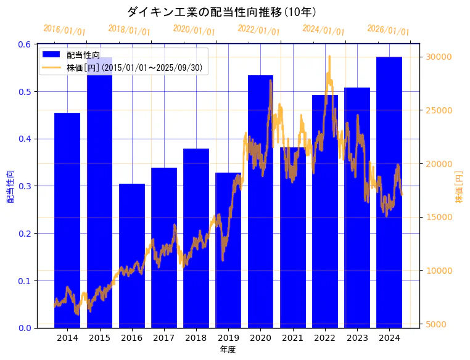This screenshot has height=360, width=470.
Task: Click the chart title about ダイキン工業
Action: [221, 12]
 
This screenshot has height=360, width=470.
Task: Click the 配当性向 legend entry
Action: [83, 55]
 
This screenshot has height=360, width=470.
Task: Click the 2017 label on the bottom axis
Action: [164, 338]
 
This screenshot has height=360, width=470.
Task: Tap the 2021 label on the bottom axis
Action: [292, 338]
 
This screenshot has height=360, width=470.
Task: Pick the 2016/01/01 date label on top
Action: [64, 30]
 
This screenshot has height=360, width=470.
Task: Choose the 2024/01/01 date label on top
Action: [323, 30]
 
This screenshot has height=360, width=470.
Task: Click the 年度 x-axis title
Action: [228, 350]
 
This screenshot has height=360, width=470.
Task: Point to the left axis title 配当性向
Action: [10, 187]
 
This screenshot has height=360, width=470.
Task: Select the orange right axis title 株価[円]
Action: [458, 187]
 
